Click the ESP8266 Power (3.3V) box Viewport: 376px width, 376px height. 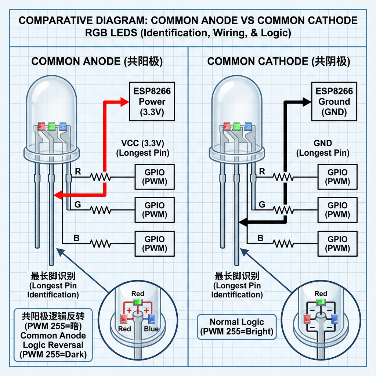click(x=152, y=102)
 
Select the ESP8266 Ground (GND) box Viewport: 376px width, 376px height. click(x=334, y=102)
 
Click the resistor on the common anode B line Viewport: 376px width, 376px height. click(x=101, y=243)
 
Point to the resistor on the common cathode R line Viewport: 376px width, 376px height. click(x=283, y=177)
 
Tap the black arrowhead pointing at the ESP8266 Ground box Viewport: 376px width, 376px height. click(x=305, y=102)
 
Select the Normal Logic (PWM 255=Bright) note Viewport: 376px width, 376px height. click(x=236, y=327)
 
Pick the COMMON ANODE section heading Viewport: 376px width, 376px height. click(x=97, y=61)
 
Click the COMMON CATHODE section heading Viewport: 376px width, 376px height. click(x=279, y=61)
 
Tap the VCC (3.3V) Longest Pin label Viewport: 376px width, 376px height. click(x=142, y=148)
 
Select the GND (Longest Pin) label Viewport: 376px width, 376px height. click(x=323, y=148)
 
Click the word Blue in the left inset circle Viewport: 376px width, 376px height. click(x=151, y=329)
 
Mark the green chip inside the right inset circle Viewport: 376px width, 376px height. click(x=321, y=302)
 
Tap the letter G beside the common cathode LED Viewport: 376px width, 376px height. click(x=262, y=205)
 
